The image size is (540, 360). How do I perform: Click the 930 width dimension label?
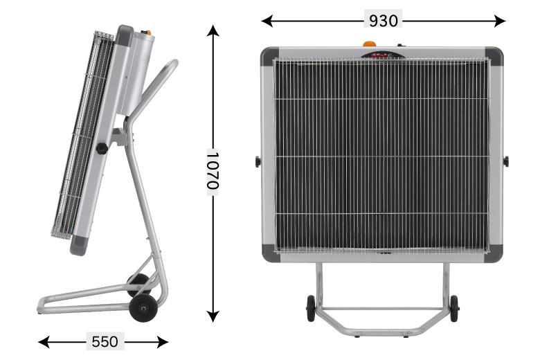pos(383,21)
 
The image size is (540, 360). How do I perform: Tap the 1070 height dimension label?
pos(213,170)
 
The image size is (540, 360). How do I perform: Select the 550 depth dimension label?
pos(105,342)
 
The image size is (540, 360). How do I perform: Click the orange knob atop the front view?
pos(369,44)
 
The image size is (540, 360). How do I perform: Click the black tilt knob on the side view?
pos(102,148)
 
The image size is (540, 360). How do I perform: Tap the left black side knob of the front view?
pos(258,161)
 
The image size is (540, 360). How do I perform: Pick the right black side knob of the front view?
pos(505,161)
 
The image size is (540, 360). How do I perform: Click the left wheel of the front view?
pos(310,308)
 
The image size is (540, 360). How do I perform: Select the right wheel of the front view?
pos(454,308)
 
